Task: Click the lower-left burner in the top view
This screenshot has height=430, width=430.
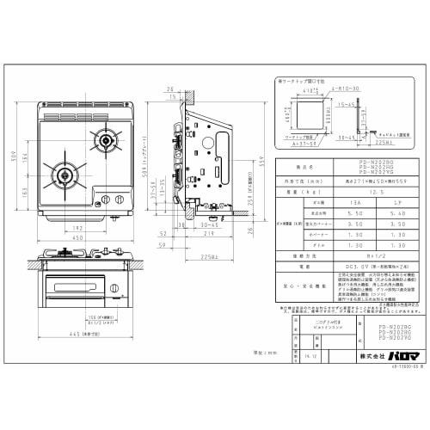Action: (64, 168)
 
